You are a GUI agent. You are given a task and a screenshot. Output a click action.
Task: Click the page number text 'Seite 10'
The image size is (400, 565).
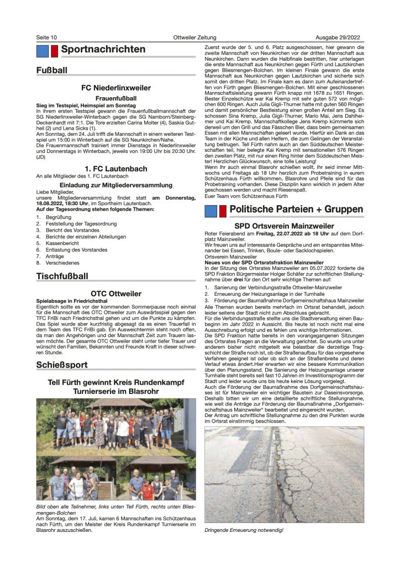point(46,37)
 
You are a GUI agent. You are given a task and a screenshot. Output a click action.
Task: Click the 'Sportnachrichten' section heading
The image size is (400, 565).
point(103,50)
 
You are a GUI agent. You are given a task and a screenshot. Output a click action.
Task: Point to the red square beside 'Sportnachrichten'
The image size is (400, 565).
point(54,51)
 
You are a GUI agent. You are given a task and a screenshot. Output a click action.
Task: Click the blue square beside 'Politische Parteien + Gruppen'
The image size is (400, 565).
point(210,211)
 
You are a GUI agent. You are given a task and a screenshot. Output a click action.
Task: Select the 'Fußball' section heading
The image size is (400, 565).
point(52,71)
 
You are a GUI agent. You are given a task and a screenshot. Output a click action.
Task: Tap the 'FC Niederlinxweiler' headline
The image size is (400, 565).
point(116,88)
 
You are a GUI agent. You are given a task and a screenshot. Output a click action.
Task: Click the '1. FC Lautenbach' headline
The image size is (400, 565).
point(116,168)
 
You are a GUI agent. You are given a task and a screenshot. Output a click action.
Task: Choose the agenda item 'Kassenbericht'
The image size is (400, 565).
point(62,242)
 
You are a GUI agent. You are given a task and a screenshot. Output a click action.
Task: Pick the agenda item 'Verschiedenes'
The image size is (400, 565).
point(62,263)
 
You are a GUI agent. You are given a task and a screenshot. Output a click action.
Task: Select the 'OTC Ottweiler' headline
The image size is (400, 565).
point(116,294)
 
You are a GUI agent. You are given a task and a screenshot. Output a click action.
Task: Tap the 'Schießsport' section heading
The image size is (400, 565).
point(62,365)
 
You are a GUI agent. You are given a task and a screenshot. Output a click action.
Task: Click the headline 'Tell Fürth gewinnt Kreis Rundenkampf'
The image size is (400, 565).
point(116,382)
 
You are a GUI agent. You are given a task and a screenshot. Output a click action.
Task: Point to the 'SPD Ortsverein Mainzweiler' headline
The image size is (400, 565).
point(284,226)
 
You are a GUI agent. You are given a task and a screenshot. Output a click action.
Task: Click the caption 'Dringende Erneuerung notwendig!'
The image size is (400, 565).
point(244,530)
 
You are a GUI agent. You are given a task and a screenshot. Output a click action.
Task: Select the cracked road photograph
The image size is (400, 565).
point(284,474)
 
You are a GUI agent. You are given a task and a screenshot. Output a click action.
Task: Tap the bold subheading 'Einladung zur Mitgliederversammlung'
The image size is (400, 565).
point(116,185)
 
